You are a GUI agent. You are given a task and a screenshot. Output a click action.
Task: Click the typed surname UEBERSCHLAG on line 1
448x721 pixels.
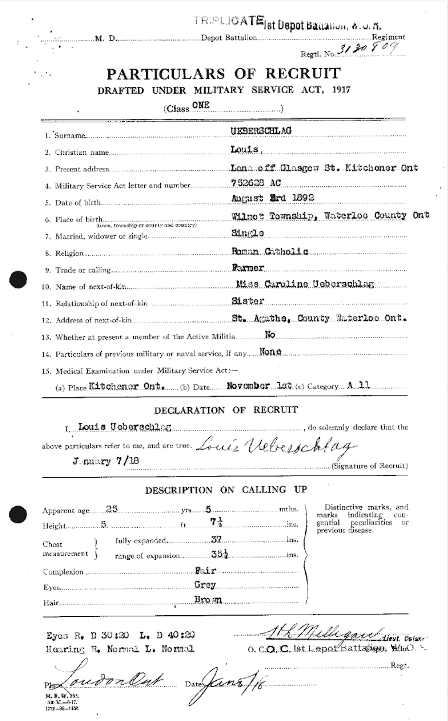(x=261, y=131)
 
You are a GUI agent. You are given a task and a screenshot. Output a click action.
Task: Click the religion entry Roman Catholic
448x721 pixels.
(x=269, y=251)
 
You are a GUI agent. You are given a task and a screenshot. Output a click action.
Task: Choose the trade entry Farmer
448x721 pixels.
(x=248, y=268)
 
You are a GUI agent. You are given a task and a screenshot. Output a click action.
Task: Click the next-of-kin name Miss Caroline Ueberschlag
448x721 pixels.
(x=305, y=284)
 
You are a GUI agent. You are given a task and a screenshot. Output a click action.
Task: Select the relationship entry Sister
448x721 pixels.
(x=248, y=301)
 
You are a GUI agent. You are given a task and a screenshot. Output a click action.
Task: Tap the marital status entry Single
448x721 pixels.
(x=248, y=233)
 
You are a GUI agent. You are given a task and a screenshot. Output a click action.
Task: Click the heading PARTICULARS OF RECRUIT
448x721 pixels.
(x=224, y=74)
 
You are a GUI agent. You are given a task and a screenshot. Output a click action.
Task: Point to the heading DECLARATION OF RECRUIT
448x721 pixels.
(x=226, y=410)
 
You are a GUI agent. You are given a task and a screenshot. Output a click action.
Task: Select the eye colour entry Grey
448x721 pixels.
(x=205, y=585)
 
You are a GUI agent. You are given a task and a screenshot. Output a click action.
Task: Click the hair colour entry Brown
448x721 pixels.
(x=208, y=600)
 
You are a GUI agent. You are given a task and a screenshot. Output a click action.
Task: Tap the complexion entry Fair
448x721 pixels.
(x=206, y=571)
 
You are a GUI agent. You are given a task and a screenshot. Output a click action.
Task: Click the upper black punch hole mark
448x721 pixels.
(x=18, y=279)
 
